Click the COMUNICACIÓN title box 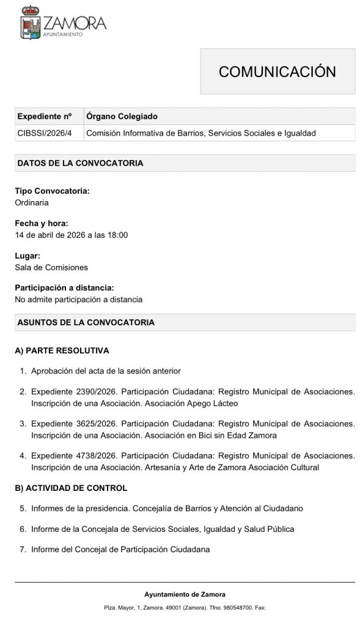coord(277,71)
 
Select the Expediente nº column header coord(45,116)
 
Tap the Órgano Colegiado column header coord(122,116)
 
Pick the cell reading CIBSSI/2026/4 coord(45,133)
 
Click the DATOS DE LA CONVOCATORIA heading coord(80,163)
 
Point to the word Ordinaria coord(32,202)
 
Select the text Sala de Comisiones coord(51,267)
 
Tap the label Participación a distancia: coord(65,288)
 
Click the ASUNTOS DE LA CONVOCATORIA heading coord(86,322)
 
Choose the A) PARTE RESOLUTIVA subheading coord(62,351)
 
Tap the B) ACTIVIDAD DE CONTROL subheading coord(71,488)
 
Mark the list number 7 coord(23,550)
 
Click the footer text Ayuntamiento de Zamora coord(185,594)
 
